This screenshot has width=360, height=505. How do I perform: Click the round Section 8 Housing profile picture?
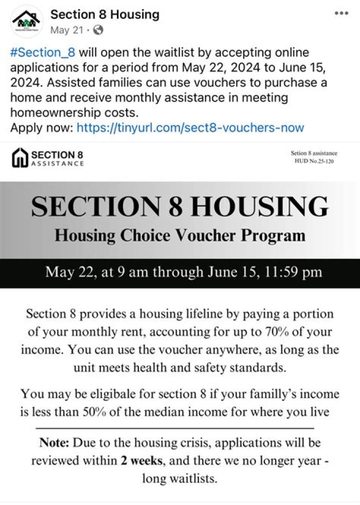(27, 21)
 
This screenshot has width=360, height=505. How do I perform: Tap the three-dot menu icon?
(341, 13)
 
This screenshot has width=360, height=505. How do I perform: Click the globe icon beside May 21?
(98, 30)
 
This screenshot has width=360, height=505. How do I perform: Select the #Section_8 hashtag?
(42, 52)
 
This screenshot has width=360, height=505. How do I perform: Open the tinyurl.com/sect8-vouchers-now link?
(190, 127)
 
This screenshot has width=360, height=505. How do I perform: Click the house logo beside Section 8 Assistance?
(19, 158)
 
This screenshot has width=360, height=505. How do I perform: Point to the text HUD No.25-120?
(314, 161)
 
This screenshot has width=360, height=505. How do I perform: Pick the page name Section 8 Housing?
(105, 14)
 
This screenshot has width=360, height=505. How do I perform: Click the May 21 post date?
(66, 30)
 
